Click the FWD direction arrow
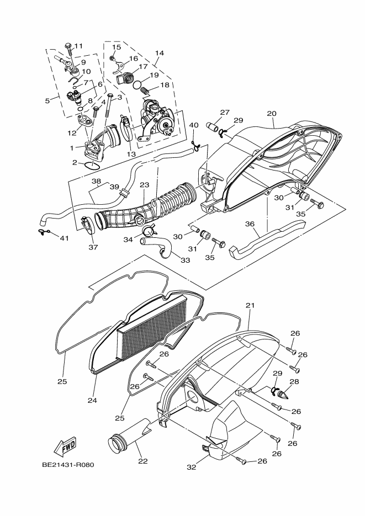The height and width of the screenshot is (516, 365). (x=65, y=445)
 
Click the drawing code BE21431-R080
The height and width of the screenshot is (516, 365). (x=68, y=464)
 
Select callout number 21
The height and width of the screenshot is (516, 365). (x=250, y=305)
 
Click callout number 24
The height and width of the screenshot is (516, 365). (x=92, y=400)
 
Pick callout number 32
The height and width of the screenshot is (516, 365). (x=191, y=467)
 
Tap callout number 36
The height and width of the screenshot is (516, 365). (x=250, y=224)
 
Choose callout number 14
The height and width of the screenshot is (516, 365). (x=160, y=54)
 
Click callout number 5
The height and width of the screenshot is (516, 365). (x=47, y=100)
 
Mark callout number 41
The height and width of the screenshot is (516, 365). (x=65, y=238)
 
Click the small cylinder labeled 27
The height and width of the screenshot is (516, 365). (x=213, y=126)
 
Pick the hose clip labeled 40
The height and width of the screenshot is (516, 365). (x=194, y=146)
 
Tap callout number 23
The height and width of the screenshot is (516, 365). (x=144, y=185)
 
